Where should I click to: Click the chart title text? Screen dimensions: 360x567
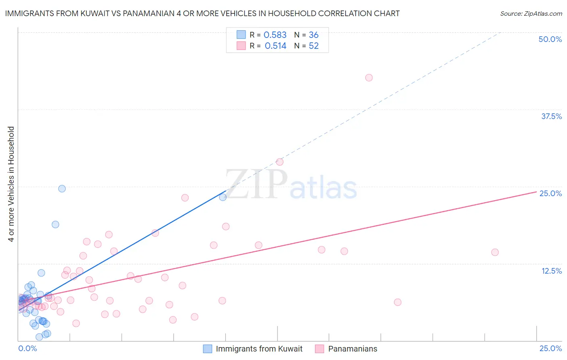pyautogui.click(x=202, y=13)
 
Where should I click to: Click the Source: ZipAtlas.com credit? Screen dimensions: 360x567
pyautogui.click(x=531, y=14)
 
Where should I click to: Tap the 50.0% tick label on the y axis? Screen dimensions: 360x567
pyautogui.click(x=550, y=39)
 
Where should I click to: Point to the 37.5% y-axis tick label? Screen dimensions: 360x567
pyautogui.click(x=551, y=116)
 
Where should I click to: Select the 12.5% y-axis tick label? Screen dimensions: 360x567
pyautogui.click(x=551, y=271)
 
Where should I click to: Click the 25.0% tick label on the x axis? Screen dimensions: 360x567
pyautogui.click(x=550, y=348)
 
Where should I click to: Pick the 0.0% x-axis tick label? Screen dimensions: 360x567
pyautogui.click(x=28, y=348)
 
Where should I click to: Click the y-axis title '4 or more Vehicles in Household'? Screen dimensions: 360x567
pyautogui.click(x=11, y=184)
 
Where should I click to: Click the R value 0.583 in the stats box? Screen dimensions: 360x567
pyautogui.click(x=275, y=35)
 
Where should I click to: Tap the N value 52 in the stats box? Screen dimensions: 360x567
pyautogui.click(x=314, y=46)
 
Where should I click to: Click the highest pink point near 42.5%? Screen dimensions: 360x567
pyautogui.click(x=369, y=77)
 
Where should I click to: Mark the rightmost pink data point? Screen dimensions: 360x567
pyautogui.click(x=495, y=252)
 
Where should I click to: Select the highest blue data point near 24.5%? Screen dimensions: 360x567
pyautogui.click(x=62, y=188)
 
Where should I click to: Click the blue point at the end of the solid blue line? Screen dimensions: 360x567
pyautogui.click(x=223, y=197)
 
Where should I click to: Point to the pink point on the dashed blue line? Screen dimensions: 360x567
pyautogui.click(x=279, y=162)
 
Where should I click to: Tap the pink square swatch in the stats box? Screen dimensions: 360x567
pyautogui.click(x=241, y=46)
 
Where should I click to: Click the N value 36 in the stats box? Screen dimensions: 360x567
pyautogui.click(x=314, y=35)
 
